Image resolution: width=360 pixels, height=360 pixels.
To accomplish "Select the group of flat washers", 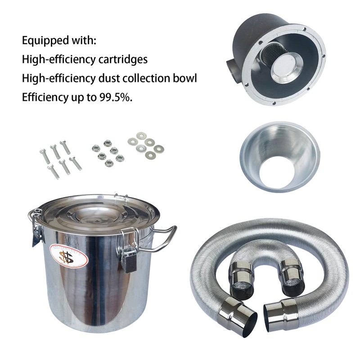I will click(145, 146).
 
